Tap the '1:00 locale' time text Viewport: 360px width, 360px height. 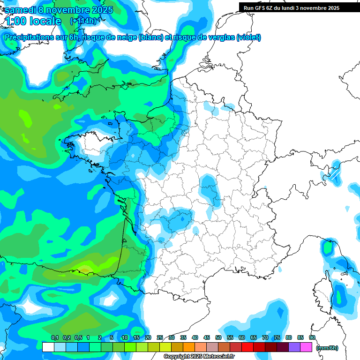pos(33,21)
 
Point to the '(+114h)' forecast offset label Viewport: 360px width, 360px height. pos(83,21)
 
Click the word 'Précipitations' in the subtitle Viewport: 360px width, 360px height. pos(29,37)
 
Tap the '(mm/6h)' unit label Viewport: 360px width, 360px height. pos(327,347)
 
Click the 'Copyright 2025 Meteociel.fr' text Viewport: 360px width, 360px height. pos(199,357)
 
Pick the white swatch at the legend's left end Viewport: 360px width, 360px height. pos(48,347)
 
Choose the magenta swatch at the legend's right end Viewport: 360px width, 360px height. pos(306,347)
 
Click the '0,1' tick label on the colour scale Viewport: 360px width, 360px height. pos(54,337)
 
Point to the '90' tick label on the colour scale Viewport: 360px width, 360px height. pos(312,337)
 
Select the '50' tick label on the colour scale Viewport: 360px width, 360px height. pos(218,337)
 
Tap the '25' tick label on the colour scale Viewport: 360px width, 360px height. pos(160,337)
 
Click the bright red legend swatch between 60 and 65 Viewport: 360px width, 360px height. pos(247,347)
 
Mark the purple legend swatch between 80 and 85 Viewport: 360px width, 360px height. pos(294,347)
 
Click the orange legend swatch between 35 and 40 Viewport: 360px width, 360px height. pos(189,347)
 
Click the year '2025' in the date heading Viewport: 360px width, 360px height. pos(100,10)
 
